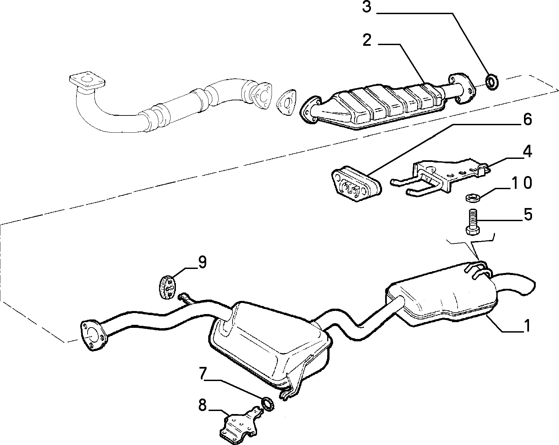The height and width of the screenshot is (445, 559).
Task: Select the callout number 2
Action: click(x=367, y=40)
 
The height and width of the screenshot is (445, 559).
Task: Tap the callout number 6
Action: click(x=527, y=119)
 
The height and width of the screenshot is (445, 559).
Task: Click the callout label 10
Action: click(x=521, y=182)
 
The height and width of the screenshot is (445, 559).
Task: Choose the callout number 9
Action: click(x=202, y=263)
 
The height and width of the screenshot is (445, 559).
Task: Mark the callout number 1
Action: click(x=527, y=326)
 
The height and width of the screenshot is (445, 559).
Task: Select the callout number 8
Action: click(x=202, y=406)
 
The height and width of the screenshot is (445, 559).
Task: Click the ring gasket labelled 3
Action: click(x=492, y=81)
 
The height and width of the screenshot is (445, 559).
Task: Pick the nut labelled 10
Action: click(x=471, y=197)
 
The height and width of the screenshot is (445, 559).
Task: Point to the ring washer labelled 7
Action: click(x=268, y=403)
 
